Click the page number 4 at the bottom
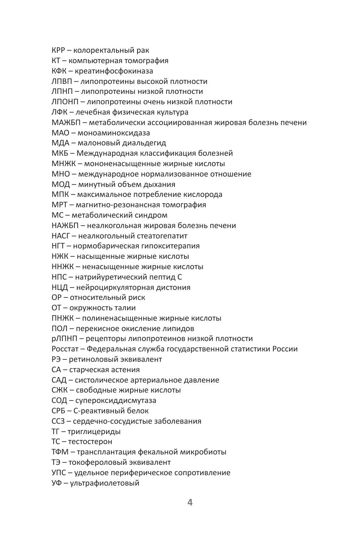coord(190,503)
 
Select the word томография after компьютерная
coord(146,61)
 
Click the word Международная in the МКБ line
coord(106,153)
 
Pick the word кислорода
coord(201,194)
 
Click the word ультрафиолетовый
coord(104,483)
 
